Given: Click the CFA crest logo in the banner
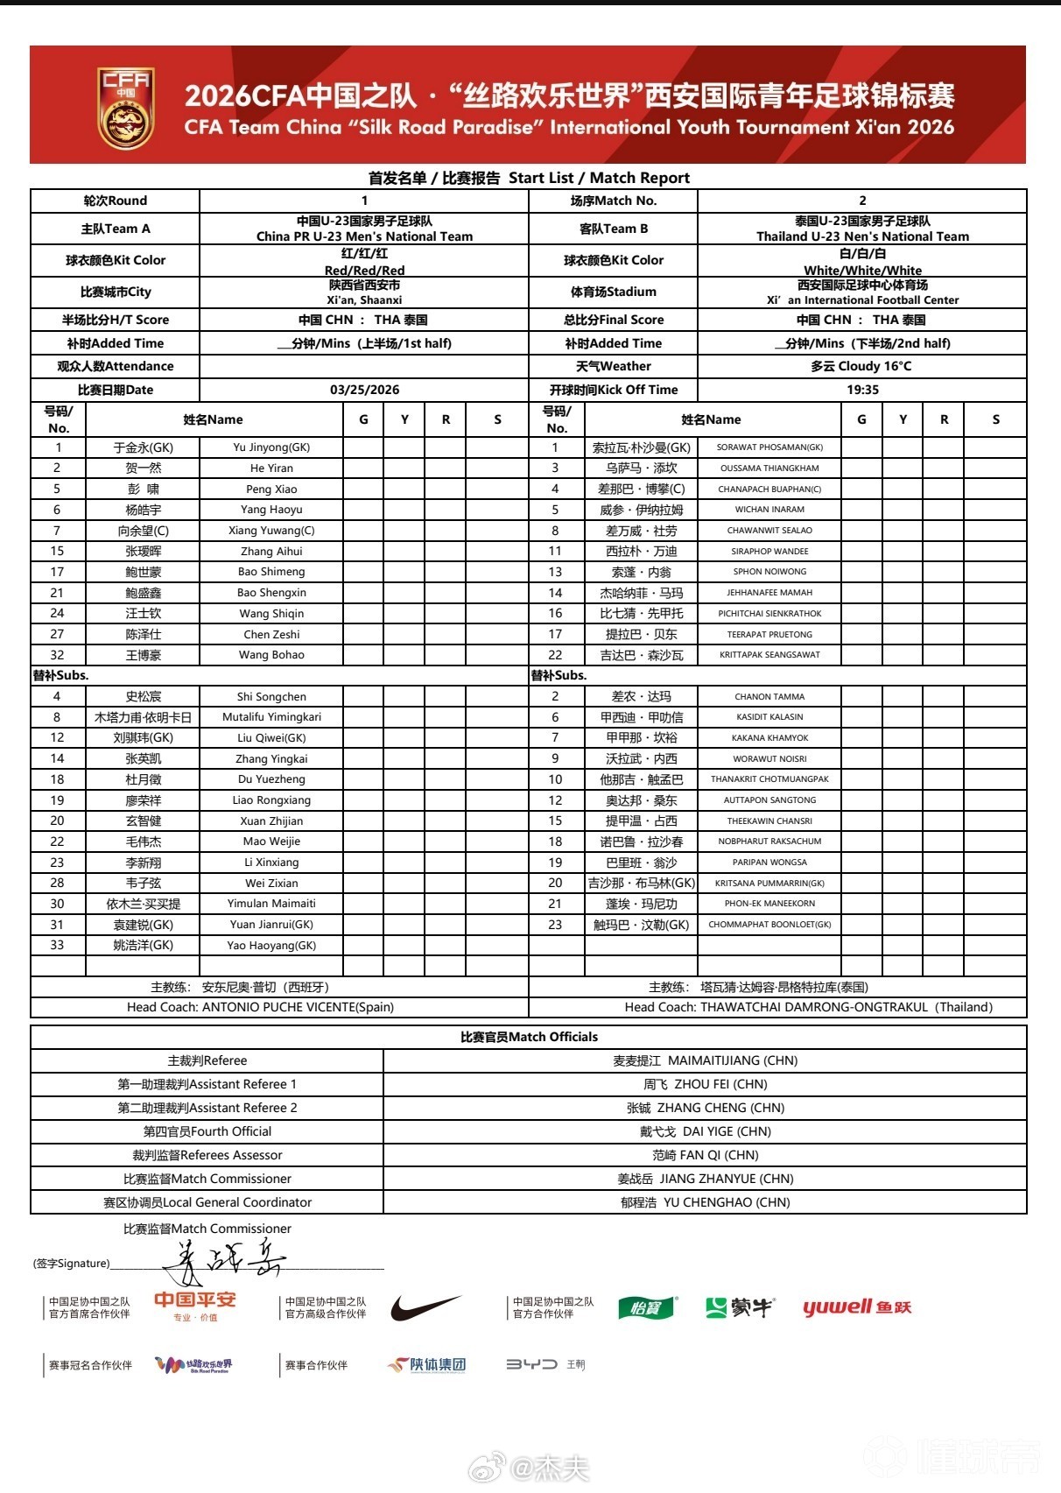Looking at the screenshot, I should pos(126,108).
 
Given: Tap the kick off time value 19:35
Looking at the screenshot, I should pos(862,390).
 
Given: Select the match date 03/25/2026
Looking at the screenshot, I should pos(364,390).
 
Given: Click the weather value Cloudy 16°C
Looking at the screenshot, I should pos(861,366).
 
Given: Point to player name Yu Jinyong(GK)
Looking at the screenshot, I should pos(271,447).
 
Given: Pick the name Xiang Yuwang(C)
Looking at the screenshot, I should pos(271,531).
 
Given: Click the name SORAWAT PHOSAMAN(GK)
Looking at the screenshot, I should pos(769,447).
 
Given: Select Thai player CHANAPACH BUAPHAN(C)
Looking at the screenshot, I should pos(769,489).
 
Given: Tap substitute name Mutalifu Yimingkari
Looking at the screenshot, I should pos(271,717).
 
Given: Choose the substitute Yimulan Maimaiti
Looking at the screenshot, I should pos(271,904).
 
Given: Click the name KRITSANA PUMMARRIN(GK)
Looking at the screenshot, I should pos(769,883).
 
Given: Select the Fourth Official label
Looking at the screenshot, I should pos(207,1131).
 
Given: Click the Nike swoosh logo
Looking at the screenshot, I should pos(425,1308).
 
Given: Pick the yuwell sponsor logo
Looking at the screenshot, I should pos(857,1307).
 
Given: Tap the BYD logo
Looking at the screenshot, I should pos(531,1364).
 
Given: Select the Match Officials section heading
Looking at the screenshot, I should pos(529,1037).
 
